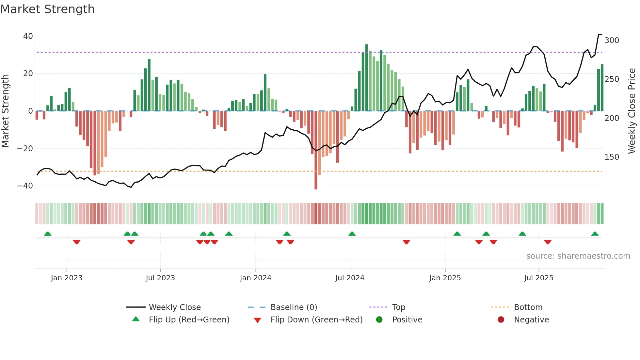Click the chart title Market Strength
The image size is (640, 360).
coord(47,9)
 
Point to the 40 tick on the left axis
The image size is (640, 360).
coord(28,36)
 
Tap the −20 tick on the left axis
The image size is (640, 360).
coord(25,149)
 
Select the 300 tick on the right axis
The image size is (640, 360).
coord(612,41)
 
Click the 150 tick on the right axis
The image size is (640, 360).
coord(612,157)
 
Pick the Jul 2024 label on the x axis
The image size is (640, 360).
coord(349,278)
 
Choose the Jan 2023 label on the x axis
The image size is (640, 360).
coord(67,278)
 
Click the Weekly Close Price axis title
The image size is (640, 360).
coord(632,111)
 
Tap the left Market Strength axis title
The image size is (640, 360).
coord(6,111)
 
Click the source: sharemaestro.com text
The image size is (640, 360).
coord(578,256)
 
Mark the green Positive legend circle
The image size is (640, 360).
coord(379,319)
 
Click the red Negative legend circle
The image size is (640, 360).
coord(501,319)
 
